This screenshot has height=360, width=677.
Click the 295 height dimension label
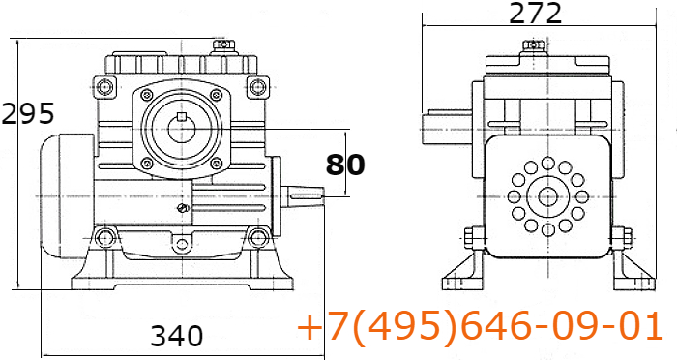[28, 113]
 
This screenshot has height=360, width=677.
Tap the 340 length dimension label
[177, 336]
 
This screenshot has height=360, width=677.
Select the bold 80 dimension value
[345, 165]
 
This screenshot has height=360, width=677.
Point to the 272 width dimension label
[536, 14]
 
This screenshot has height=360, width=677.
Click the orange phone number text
[480, 326]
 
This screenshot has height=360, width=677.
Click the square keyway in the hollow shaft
[182, 116]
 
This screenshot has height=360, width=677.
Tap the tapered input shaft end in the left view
[303, 197]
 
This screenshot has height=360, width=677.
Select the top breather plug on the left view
[223, 45]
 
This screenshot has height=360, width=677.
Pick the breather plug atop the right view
[534, 46]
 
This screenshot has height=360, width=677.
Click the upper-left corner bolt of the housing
[104, 87]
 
